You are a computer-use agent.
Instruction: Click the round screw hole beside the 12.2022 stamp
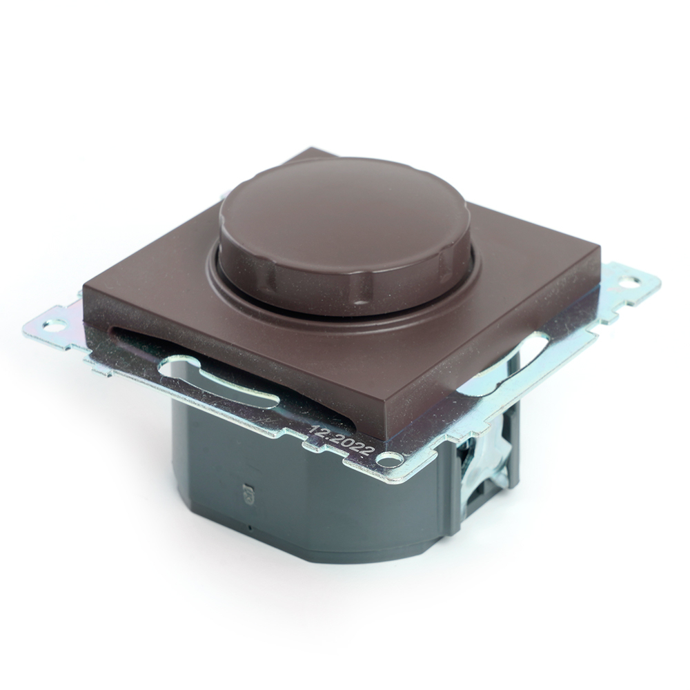click(x=391, y=457)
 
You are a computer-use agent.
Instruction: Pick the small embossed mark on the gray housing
click(x=250, y=494)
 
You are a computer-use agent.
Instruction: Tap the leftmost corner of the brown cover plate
click(x=85, y=284)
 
